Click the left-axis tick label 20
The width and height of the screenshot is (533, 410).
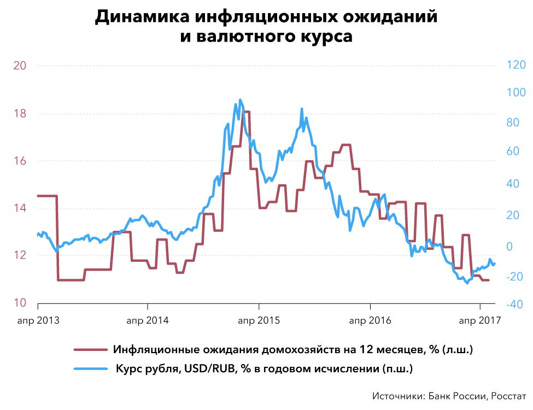tap(20, 66)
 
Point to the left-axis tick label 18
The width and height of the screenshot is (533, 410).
tap(20, 114)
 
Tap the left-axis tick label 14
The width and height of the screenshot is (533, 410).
tap(20, 208)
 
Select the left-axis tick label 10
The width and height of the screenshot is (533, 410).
tap(20, 303)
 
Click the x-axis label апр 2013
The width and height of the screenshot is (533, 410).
tap(38, 320)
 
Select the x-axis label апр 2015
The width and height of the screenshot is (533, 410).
tap(259, 320)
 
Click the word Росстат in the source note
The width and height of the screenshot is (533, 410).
tap(507, 396)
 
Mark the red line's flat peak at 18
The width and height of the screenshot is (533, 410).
tap(247, 112)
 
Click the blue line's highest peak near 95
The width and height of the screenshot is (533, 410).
tap(239, 100)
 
